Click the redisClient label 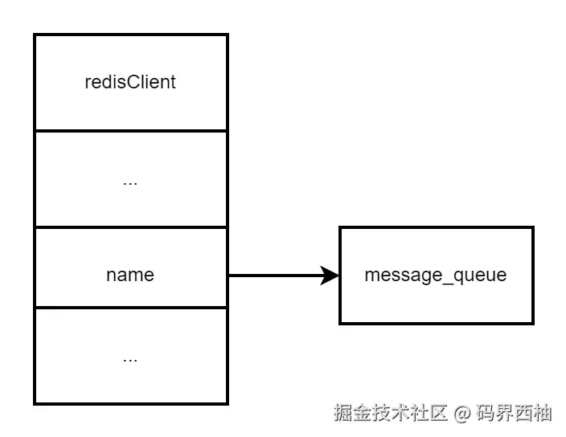pyautogui.click(x=130, y=82)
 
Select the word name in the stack pyautogui.click(x=130, y=275)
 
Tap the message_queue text pyautogui.click(x=436, y=275)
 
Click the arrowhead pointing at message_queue pyautogui.click(x=330, y=276)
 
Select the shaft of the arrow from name pyautogui.click(x=273, y=276)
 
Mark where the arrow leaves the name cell pyautogui.click(x=228, y=276)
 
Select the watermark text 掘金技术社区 pyautogui.click(x=391, y=414)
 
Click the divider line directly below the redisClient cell pyautogui.click(x=130, y=130)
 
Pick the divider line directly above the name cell pyautogui.click(x=130, y=227)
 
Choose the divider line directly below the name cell pyautogui.click(x=130, y=308)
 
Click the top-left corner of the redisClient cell pyautogui.click(x=34, y=35)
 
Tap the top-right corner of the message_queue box pyautogui.click(x=533, y=227)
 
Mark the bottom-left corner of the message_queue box pyautogui.click(x=340, y=323)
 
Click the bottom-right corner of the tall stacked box pyautogui.click(x=228, y=403)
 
